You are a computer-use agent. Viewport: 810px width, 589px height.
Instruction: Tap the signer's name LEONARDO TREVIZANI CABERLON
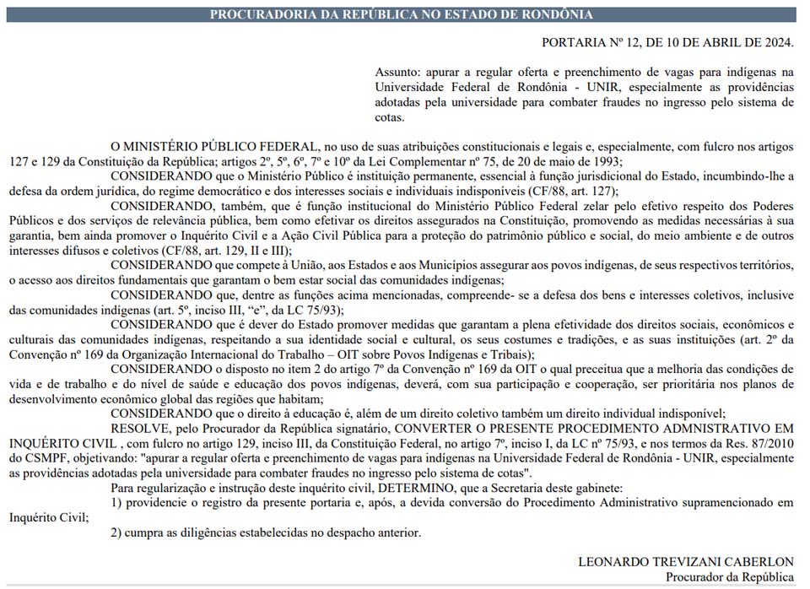686,562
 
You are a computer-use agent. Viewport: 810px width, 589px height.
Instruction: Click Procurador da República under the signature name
729,577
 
